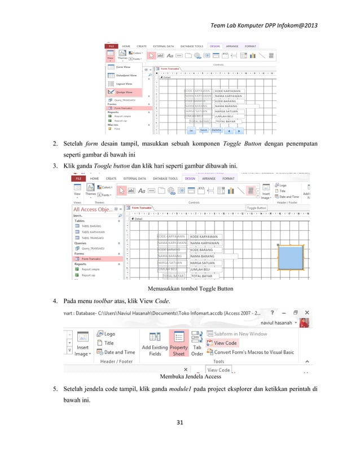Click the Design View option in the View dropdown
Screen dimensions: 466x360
124,91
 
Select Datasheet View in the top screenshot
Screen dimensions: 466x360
126,74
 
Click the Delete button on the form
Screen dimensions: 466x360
217,129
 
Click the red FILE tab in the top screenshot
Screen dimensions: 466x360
112,46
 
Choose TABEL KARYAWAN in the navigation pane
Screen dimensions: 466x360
93,231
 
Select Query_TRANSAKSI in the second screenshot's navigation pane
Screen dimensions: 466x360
93,248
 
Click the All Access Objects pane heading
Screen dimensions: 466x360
93,209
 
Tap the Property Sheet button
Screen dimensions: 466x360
179,343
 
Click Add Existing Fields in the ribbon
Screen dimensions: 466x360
154,343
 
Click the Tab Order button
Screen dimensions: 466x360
197,343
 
